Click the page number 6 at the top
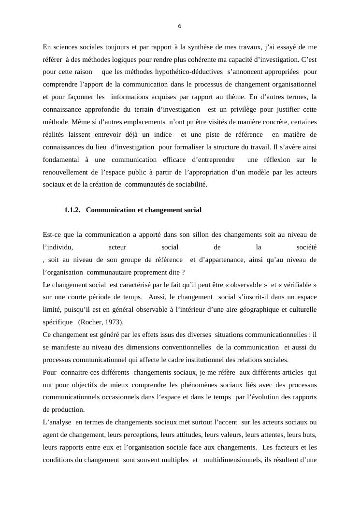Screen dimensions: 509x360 click(x=180, y=26)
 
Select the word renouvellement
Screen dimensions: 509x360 click(x=66, y=172)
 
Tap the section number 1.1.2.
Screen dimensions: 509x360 click(x=72, y=210)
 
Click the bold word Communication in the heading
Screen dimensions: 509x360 click(x=109, y=210)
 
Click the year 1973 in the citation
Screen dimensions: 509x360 click(x=113, y=322)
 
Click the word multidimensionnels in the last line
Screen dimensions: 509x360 click(x=231, y=460)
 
